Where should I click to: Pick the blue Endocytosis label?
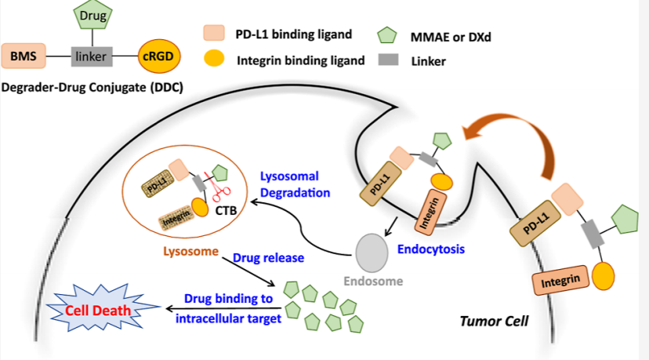point(431,249)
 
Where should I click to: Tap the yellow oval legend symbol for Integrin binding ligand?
point(214,60)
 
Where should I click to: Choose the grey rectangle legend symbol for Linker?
point(386,60)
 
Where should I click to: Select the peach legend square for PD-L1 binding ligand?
point(214,34)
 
